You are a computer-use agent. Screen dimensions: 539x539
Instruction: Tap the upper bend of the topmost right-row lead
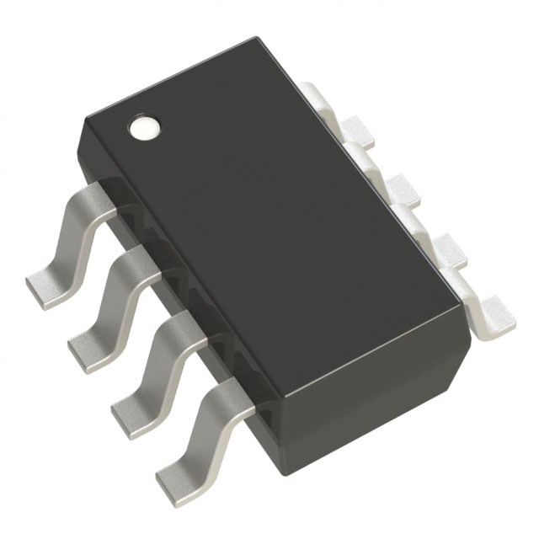(315, 88)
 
